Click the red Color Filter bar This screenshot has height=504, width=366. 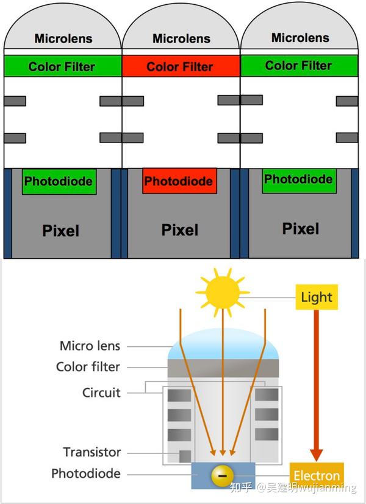(x=180, y=67)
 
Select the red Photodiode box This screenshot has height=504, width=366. (x=179, y=181)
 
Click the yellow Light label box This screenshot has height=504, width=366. (x=317, y=297)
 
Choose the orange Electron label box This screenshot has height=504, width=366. (x=317, y=475)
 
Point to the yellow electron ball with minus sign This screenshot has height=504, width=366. (x=223, y=475)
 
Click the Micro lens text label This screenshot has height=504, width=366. (x=90, y=346)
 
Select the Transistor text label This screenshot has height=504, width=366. (x=91, y=452)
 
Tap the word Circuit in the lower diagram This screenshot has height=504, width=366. (x=101, y=393)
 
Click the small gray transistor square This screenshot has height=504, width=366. (x=185, y=456)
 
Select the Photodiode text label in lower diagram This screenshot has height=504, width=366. (x=85, y=474)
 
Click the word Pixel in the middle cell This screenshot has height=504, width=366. (x=180, y=229)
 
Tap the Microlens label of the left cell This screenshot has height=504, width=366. (x=63, y=39)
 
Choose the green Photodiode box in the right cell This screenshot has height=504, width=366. (x=298, y=180)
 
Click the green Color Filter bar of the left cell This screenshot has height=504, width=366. (x=62, y=66)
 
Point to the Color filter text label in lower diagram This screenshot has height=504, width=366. (x=88, y=367)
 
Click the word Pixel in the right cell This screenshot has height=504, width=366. (x=301, y=228)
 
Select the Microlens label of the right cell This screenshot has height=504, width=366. (x=300, y=38)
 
